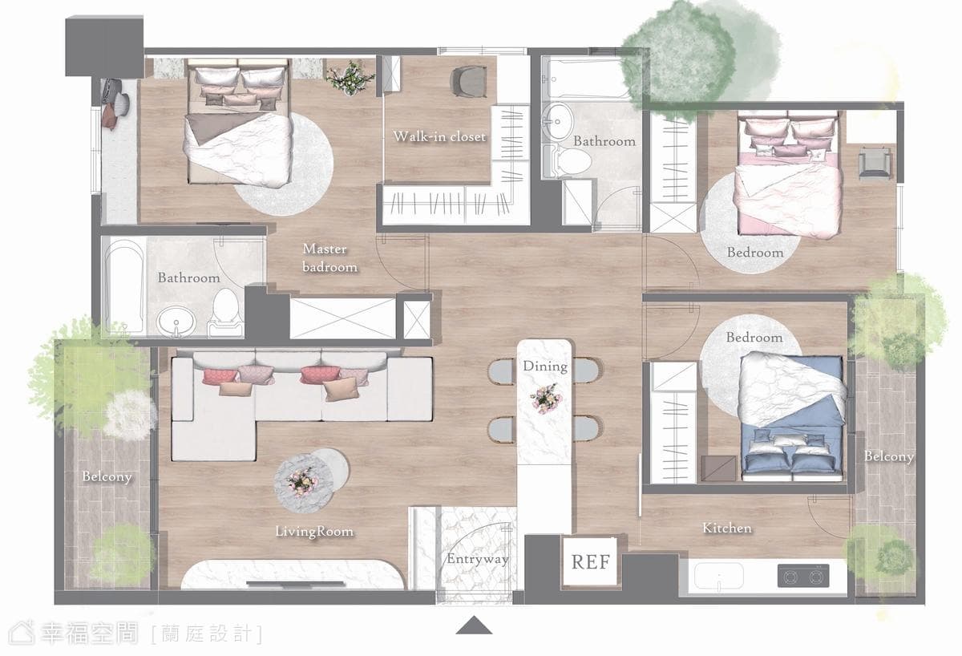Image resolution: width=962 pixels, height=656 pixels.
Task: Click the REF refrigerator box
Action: [x=589, y=561]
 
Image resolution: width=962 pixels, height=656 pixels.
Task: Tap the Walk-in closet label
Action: [x=439, y=136]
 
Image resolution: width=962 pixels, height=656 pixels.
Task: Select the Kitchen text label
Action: [x=726, y=528]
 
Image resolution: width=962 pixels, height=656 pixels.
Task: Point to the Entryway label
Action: [x=478, y=559]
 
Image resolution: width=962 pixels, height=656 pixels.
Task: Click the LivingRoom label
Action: [x=314, y=532]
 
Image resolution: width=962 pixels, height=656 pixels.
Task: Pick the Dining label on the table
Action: [x=545, y=366]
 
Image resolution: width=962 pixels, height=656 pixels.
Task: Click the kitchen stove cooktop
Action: [x=803, y=576]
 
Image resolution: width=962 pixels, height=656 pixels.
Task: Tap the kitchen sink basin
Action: [x=718, y=576]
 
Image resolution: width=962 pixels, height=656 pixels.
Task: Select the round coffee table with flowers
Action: [x=304, y=483]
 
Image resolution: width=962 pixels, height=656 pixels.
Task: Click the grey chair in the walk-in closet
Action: [x=469, y=81]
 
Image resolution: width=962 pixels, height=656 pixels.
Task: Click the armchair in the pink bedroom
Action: [x=875, y=162]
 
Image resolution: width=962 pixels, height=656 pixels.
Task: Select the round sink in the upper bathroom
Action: [x=557, y=122]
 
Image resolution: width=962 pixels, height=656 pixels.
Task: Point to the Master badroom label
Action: [x=329, y=257]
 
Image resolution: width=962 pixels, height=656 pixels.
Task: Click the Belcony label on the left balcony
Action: [x=107, y=477]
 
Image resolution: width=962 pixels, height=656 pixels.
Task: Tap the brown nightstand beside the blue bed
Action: [x=718, y=468]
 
